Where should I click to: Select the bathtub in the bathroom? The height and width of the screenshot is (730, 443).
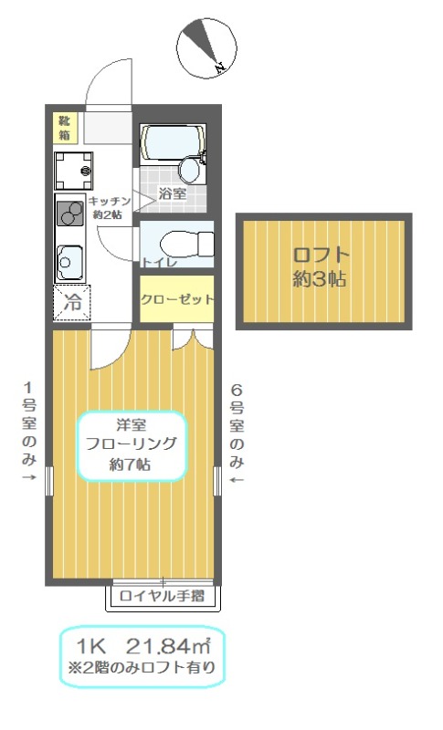coord(171,141)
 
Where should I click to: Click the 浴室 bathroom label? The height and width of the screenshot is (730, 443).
coord(172,193)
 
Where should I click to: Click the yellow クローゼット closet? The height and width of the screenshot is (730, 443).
coord(176,298)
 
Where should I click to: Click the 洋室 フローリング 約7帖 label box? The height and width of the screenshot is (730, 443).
coord(131,445)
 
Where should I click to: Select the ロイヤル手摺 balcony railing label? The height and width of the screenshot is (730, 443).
coord(162,598)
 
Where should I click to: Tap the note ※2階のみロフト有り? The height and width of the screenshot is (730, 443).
coord(143,667)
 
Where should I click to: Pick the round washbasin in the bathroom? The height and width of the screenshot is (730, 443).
coord(191,168)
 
